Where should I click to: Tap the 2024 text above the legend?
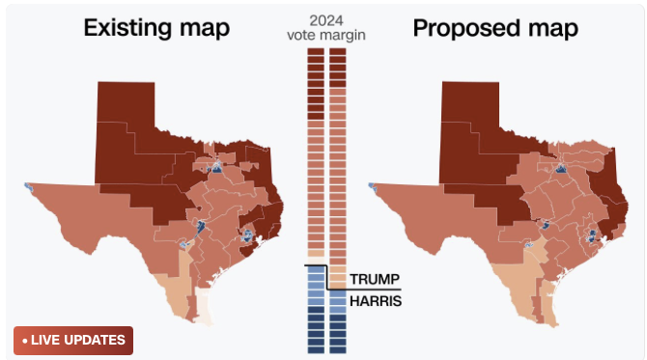326,19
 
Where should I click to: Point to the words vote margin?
326,35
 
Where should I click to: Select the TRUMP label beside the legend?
374,279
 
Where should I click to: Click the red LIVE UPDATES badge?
73,340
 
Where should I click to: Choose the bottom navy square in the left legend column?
316,349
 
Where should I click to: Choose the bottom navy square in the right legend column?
338,349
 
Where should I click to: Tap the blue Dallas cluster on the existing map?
215,170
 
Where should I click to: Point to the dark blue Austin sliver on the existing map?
201,227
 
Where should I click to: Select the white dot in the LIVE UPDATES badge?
24,340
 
